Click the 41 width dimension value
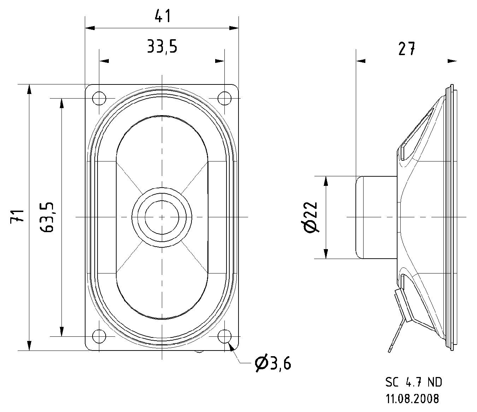(x=163, y=16)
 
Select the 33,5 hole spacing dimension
(x=162, y=46)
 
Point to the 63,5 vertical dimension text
(x=47, y=217)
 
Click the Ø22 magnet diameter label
(x=311, y=217)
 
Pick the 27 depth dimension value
(x=406, y=49)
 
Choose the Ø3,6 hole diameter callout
(x=273, y=363)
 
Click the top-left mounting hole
(x=99, y=98)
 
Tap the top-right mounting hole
(x=224, y=98)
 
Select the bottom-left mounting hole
(x=99, y=336)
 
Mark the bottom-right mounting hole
(x=224, y=336)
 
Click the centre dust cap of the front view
(x=162, y=217)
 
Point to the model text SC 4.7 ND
(x=413, y=382)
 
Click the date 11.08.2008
(x=413, y=399)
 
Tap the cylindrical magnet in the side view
(x=376, y=217)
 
